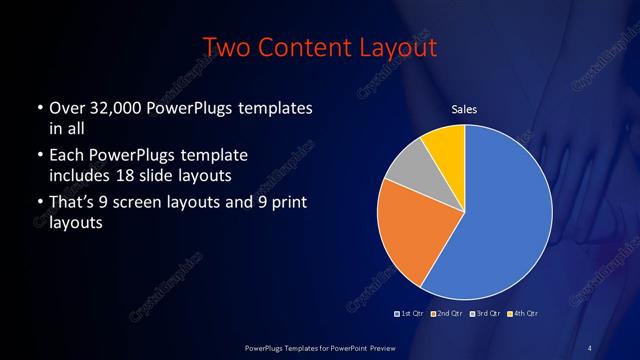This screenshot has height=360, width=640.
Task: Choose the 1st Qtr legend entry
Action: [411, 313]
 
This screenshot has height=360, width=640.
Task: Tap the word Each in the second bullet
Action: [65, 157]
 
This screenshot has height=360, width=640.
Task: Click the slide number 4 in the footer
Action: [590, 347]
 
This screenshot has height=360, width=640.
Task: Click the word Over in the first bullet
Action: [65, 108]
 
